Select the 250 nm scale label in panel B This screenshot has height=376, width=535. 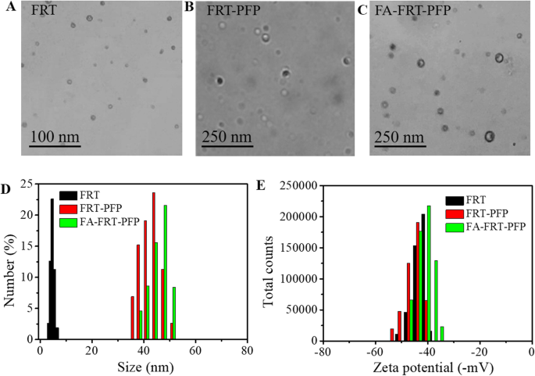coord(226,138)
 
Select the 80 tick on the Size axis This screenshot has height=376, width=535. coord(247,351)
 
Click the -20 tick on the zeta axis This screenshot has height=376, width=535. coord(477,351)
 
